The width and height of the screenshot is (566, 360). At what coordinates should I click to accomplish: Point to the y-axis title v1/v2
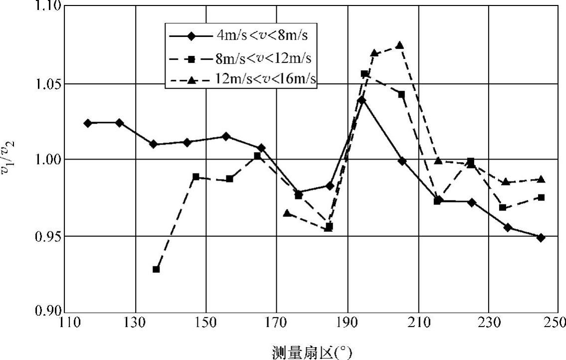pyautogui.click(x=9, y=159)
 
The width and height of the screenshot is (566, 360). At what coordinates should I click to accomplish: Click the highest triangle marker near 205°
pyautogui.click(x=399, y=45)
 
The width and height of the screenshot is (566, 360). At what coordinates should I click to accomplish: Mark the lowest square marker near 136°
pyautogui.click(x=156, y=269)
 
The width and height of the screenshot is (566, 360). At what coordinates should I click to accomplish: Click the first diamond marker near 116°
pyautogui.click(x=88, y=123)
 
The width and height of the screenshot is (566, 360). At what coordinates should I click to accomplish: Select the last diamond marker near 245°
pyautogui.click(x=541, y=238)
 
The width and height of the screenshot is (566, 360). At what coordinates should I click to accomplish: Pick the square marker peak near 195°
pyautogui.click(x=364, y=74)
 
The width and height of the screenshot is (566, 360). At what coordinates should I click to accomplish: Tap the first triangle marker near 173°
pyautogui.click(x=287, y=213)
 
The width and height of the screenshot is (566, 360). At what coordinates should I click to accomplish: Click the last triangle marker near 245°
pyautogui.click(x=541, y=179)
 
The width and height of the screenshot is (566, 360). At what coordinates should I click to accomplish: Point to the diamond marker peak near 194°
pyautogui.click(x=362, y=100)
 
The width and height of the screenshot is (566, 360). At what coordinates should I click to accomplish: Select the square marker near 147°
pyautogui.click(x=196, y=177)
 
